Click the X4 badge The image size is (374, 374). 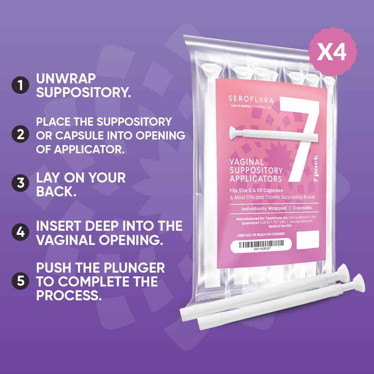[x=332, y=52]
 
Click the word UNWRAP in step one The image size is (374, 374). [x=66, y=78]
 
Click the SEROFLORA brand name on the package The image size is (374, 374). [x=251, y=99]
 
